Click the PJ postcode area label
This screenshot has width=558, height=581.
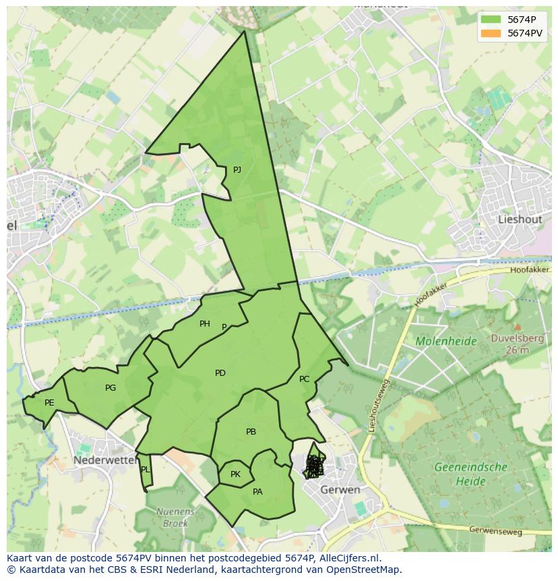(237, 170)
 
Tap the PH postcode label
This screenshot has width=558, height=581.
(205, 324)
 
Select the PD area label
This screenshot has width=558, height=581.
(220, 373)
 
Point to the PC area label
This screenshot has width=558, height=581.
(304, 379)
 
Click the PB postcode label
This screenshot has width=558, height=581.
(251, 432)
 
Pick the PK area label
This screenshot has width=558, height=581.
(235, 474)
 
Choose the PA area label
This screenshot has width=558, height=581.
(257, 492)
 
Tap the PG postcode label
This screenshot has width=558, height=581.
(111, 388)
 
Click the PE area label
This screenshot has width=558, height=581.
(49, 403)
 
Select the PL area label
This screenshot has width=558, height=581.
(146, 470)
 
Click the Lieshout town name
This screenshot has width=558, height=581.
(520, 219)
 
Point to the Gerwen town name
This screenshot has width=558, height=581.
(340, 489)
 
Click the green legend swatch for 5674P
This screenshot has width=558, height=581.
(491, 19)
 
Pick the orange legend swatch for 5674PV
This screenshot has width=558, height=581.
(491, 32)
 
